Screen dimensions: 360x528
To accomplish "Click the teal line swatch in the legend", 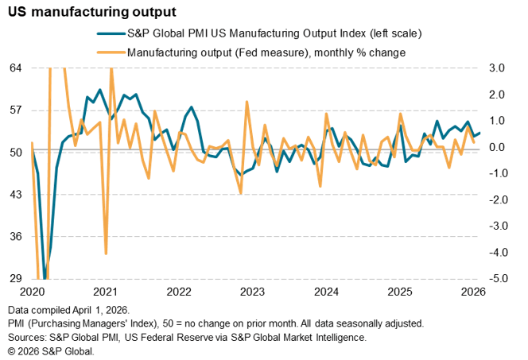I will [110, 34].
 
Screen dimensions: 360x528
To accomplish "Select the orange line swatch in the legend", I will [110, 52].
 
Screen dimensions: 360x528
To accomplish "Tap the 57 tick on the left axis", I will [16, 110].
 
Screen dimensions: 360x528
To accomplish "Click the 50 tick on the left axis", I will [16, 152].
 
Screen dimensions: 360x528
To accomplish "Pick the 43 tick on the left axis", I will [16, 195].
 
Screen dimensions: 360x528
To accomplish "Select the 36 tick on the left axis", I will [16, 237].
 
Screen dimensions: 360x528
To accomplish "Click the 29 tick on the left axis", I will [16, 279].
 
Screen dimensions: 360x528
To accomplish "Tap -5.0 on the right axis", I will [496, 279].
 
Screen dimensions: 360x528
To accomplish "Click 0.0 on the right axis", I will [497, 147].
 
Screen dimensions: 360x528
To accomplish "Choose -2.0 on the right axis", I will [496, 199].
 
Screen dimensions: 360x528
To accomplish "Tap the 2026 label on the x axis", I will [474, 292].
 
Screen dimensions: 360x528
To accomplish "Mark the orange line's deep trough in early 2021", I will [106, 254].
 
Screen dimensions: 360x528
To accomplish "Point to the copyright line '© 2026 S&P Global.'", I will [51, 350].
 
